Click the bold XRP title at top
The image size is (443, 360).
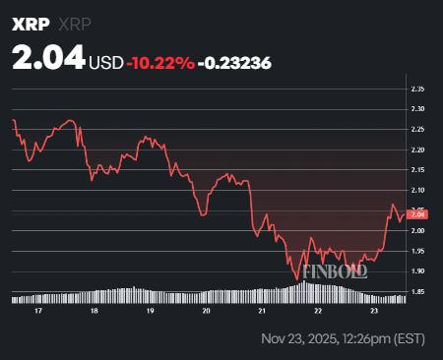tap(30, 23)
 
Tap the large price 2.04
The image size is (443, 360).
tap(48, 60)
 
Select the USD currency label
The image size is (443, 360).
tap(106, 63)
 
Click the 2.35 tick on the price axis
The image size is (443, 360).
tap(418, 89)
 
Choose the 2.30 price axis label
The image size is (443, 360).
tap(418, 108)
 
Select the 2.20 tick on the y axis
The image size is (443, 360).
tap(418, 150)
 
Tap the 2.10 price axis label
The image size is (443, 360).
tap(418, 190)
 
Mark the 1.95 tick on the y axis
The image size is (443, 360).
tap(418, 251)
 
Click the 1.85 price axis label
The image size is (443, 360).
tap(418, 292)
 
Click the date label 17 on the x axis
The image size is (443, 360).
tap(36, 310)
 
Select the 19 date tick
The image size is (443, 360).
tap(150, 310)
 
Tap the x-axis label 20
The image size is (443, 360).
tap(206, 310)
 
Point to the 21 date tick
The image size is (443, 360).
tap(262, 310)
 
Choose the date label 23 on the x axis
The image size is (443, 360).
tap(374, 310)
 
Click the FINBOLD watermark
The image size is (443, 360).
tap(334, 271)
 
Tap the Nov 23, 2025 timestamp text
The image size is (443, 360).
tap(344, 339)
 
